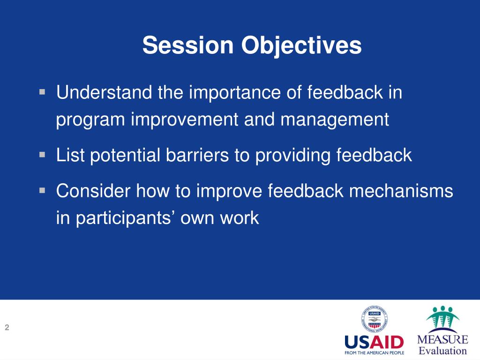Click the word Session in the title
(188, 45)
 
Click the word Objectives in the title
(301, 46)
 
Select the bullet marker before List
(42, 155)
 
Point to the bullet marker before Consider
(42, 191)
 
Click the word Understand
(104, 92)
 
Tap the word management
(335, 120)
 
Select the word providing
(293, 156)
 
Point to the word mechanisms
(401, 191)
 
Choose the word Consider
(93, 191)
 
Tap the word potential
(125, 156)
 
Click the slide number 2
(7, 328)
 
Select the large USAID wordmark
(374, 342)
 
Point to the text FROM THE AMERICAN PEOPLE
(374, 353)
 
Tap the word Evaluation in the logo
(442, 351)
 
